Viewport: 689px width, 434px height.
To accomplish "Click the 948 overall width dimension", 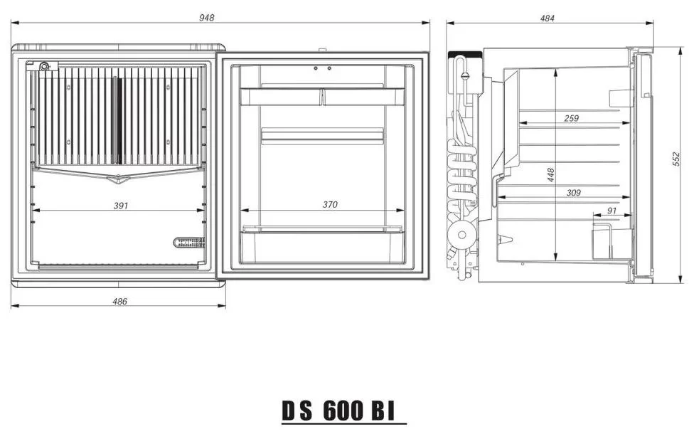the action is click(206, 18).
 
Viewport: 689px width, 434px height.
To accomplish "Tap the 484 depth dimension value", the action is click(547, 18).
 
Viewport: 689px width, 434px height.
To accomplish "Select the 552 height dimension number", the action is click(676, 159).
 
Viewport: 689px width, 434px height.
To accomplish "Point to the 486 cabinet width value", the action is click(119, 301).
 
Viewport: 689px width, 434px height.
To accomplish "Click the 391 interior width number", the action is click(120, 206).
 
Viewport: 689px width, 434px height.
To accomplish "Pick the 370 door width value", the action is click(330, 204).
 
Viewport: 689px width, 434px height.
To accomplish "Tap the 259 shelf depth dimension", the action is click(571, 118).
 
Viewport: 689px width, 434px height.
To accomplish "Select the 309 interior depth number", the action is click(573, 193).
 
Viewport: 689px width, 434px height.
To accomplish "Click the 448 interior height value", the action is click(551, 175).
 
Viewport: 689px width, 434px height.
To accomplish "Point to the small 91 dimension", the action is click(611, 211).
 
